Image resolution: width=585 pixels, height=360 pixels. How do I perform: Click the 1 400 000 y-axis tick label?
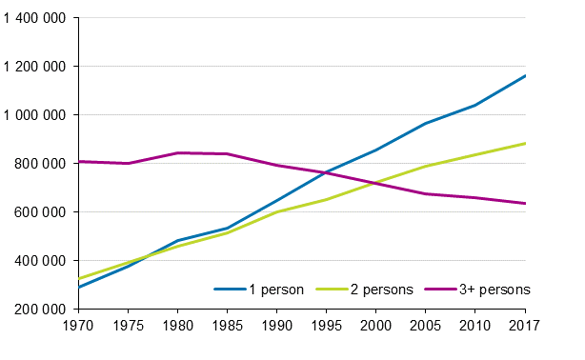click(35, 18)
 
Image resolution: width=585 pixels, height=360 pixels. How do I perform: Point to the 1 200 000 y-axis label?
click(35, 67)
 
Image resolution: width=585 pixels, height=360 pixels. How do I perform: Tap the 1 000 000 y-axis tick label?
click(35, 115)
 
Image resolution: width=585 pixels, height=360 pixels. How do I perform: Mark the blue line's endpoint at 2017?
click(525, 75)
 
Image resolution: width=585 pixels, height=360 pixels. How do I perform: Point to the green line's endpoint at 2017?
click(525, 144)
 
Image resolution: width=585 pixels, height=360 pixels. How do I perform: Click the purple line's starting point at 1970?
click(78, 161)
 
